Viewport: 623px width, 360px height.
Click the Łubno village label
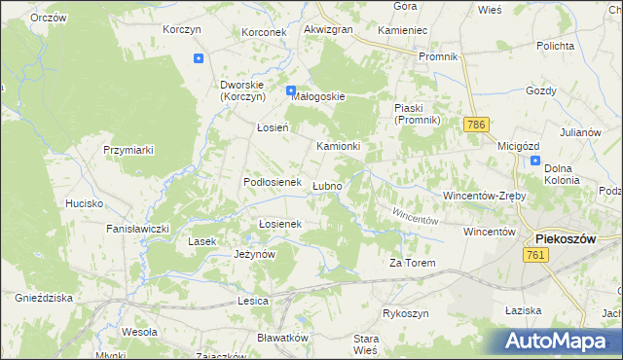326,186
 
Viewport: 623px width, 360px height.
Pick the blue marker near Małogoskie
291,91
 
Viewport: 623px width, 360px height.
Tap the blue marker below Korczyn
199,58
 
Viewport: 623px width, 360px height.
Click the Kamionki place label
339,146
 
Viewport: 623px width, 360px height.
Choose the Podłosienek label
270,182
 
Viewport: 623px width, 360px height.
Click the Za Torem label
410,263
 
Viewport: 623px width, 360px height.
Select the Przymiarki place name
129,149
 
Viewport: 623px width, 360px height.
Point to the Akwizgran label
328,30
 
